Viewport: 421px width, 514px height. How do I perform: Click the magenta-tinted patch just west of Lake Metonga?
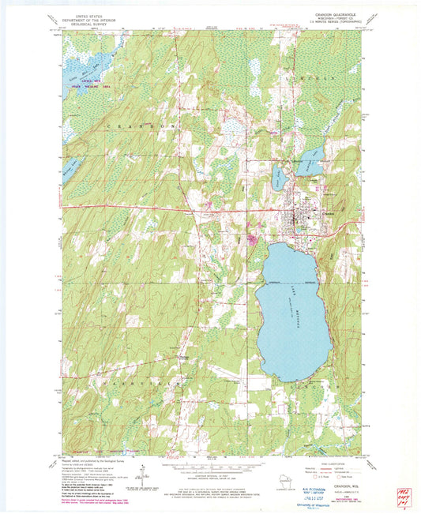[x=253, y=240]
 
